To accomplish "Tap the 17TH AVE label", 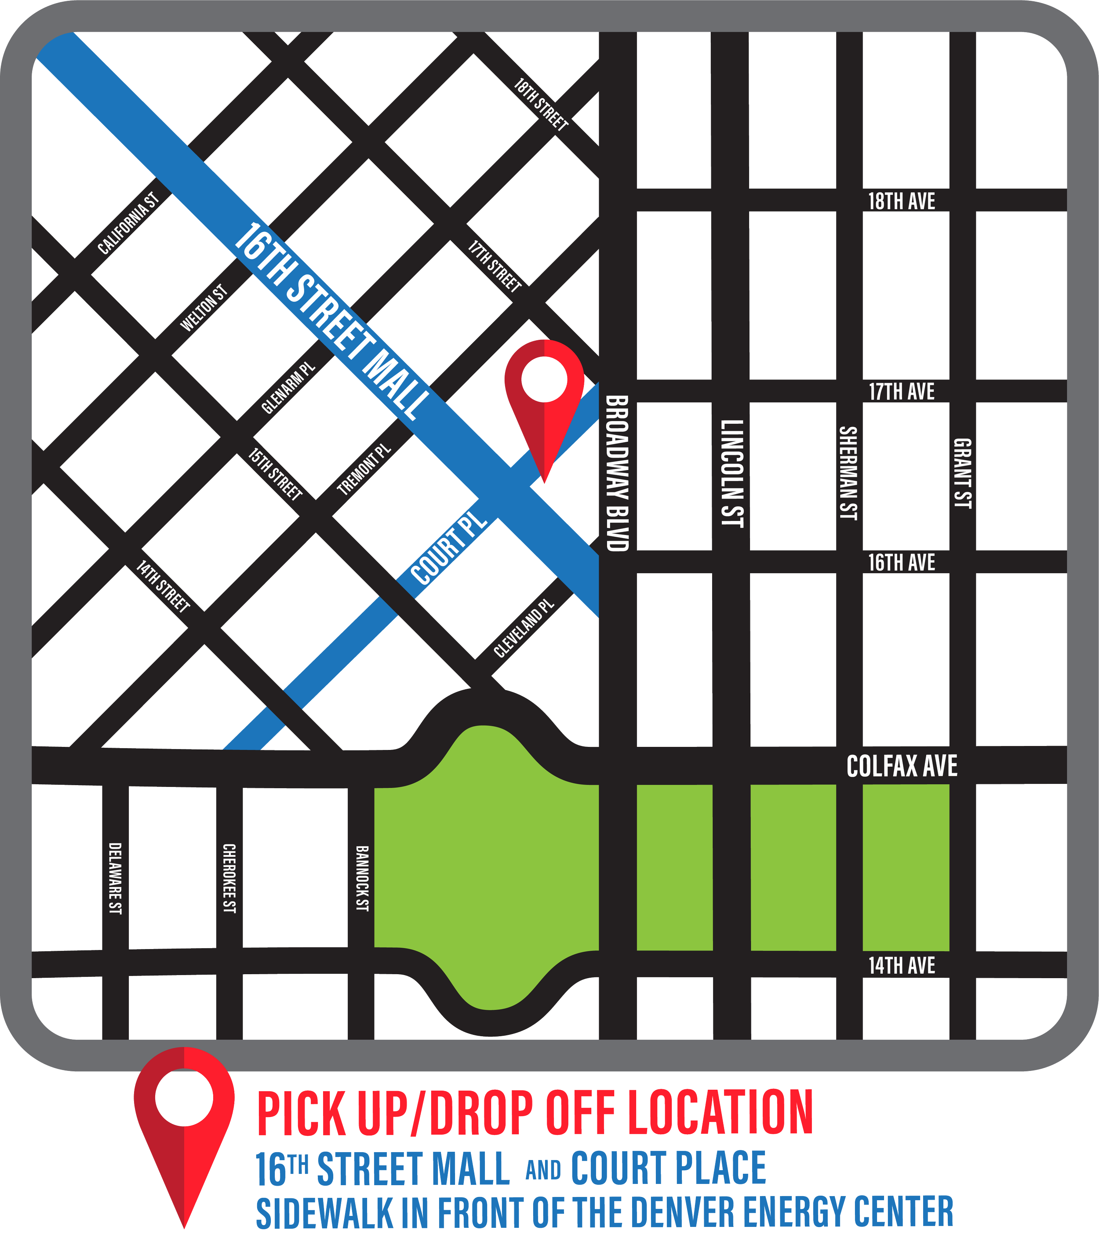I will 901,392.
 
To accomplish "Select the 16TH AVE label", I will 901,563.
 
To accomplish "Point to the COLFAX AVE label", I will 902,766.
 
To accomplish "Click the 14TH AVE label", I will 901,965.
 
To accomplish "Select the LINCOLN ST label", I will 731,473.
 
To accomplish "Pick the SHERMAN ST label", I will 848,473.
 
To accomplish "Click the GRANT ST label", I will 962,473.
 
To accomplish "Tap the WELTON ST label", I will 204,308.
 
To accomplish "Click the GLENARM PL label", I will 288,389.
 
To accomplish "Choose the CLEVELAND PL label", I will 524,628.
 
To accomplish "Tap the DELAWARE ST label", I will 115,878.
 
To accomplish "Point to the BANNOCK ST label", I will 362,878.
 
